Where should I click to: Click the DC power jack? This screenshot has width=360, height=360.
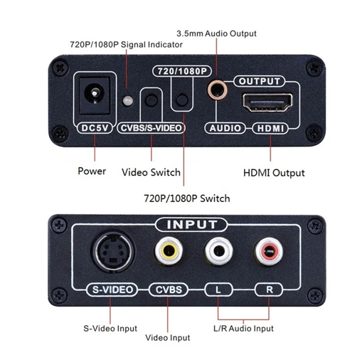tap(94, 96)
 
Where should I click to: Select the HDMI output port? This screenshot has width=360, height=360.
tap(268, 102)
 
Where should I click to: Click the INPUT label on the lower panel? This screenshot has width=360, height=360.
tap(192, 224)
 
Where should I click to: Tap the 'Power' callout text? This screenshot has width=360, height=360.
tap(92, 171)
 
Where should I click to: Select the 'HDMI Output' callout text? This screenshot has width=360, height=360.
tap(274, 173)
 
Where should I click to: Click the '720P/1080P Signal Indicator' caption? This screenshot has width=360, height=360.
tap(126, 45)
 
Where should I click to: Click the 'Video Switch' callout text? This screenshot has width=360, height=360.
tap(151, 172)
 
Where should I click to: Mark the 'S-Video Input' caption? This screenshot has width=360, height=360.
tap(110, 328)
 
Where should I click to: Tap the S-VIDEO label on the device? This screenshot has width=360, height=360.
tap(111, 289)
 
